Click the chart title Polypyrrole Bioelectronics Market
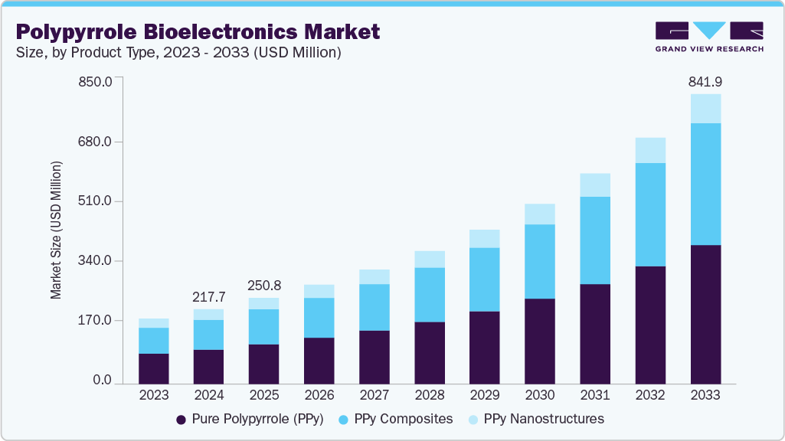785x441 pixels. tap(198, 31)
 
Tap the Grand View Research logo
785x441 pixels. tap(708, 36)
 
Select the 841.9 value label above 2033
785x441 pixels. tap(705, 81)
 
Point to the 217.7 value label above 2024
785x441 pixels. tap(209, 296)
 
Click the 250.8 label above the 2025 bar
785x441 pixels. tap(264, 285)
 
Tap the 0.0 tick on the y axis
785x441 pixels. tap(102, 381)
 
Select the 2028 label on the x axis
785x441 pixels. tap(430, 396)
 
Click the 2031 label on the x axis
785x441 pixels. tap(595, 396)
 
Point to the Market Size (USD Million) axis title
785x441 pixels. tap(56, 230)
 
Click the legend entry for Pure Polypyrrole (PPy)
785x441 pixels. tap(250, 419)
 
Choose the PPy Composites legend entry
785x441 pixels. tap(397, 419)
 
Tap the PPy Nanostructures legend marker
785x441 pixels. tap(473, 420)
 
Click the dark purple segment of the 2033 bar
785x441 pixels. tap(705, 314)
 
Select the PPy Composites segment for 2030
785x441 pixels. tap(540, 261)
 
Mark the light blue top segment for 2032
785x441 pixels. tap(650, 150)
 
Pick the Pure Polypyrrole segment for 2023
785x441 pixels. tap(154, 367)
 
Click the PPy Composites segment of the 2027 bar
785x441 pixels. tap(375, 307)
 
